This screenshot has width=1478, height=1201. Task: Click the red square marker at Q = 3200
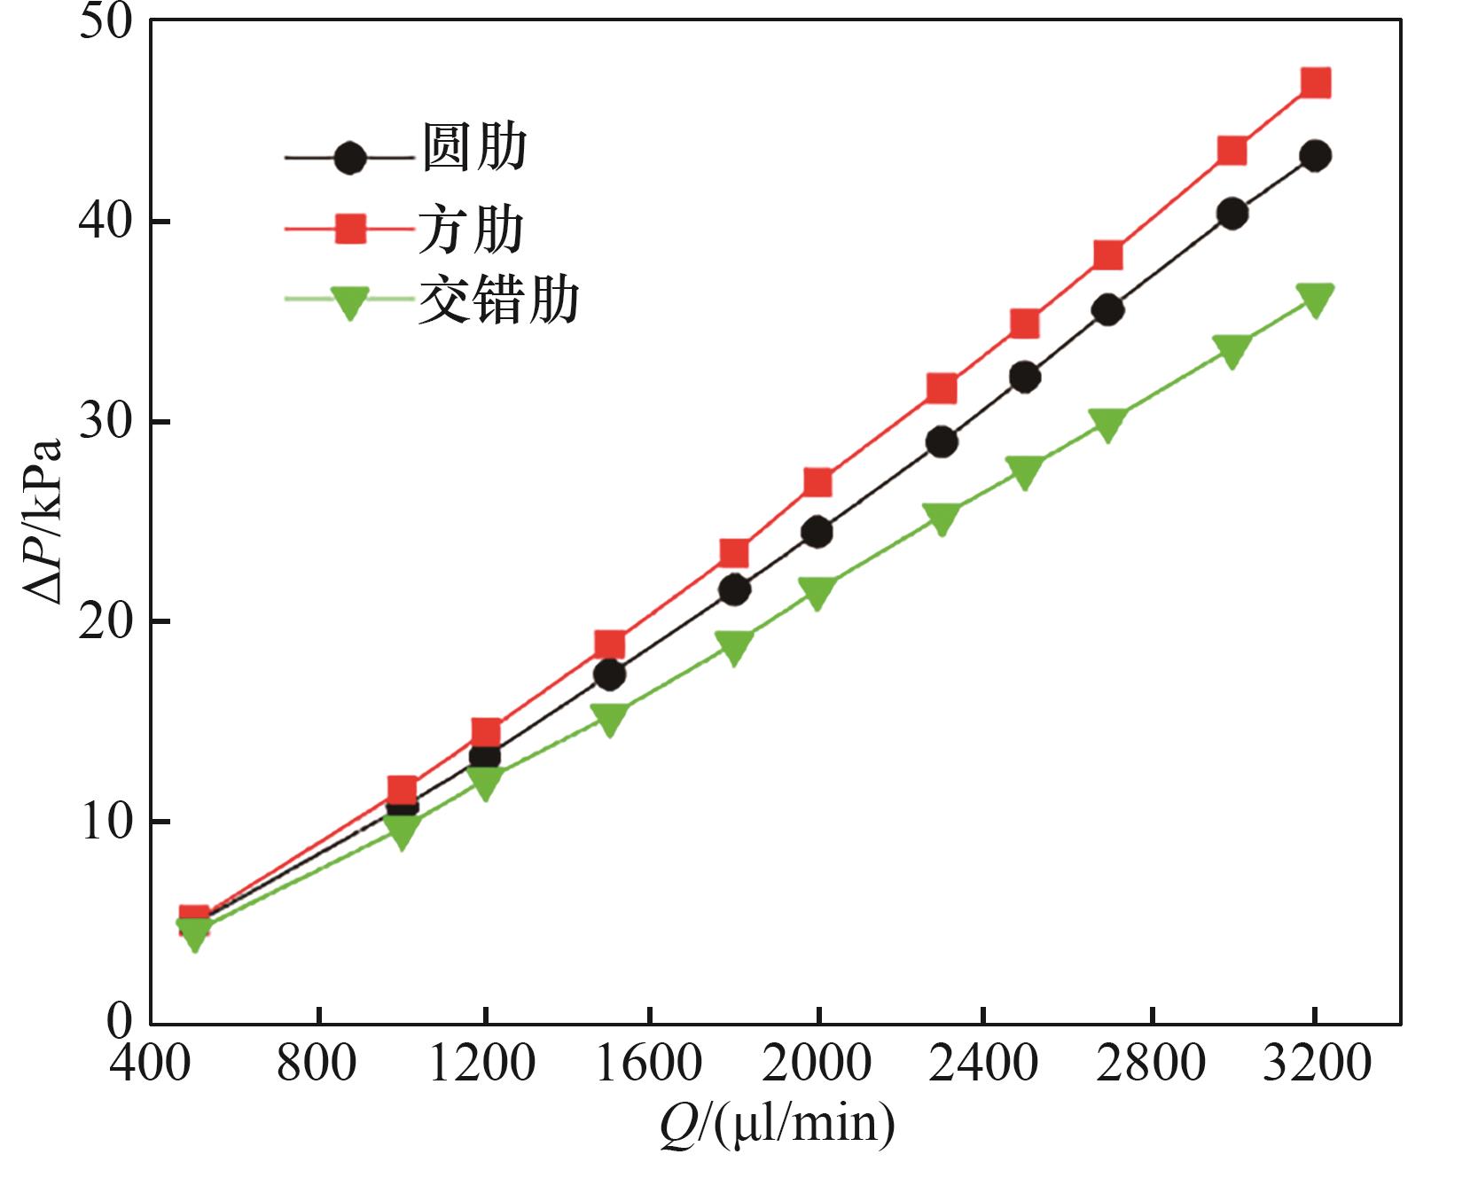[x=1316, y=83]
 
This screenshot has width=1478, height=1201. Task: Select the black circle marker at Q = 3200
[x=1316, y=156]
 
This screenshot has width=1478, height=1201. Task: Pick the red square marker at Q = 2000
[x=817, y=483]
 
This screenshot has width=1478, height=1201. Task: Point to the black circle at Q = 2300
[x=942, y=441]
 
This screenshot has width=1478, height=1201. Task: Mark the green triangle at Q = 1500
[x=610, y=719]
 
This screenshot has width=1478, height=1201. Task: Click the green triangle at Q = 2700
[x=1108, y=425]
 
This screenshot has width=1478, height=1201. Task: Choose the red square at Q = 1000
[x=403, y=789]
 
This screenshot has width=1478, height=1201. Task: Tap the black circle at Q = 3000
[x=1232, y=214]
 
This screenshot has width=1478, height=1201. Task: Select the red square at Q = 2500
[x=1025, y=324]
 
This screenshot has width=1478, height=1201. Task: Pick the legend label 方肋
[x=472, y=230]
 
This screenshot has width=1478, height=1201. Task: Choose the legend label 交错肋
[x=499, y=300]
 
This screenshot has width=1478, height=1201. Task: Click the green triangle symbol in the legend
[x=350, y=301]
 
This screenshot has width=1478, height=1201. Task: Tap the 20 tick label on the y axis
[x=105, y=621]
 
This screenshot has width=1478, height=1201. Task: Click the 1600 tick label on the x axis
[x=650, y=1062]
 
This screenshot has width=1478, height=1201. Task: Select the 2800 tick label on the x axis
[x=1150, y=1062]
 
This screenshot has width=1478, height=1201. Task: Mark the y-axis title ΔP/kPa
[x=44, y=522]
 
